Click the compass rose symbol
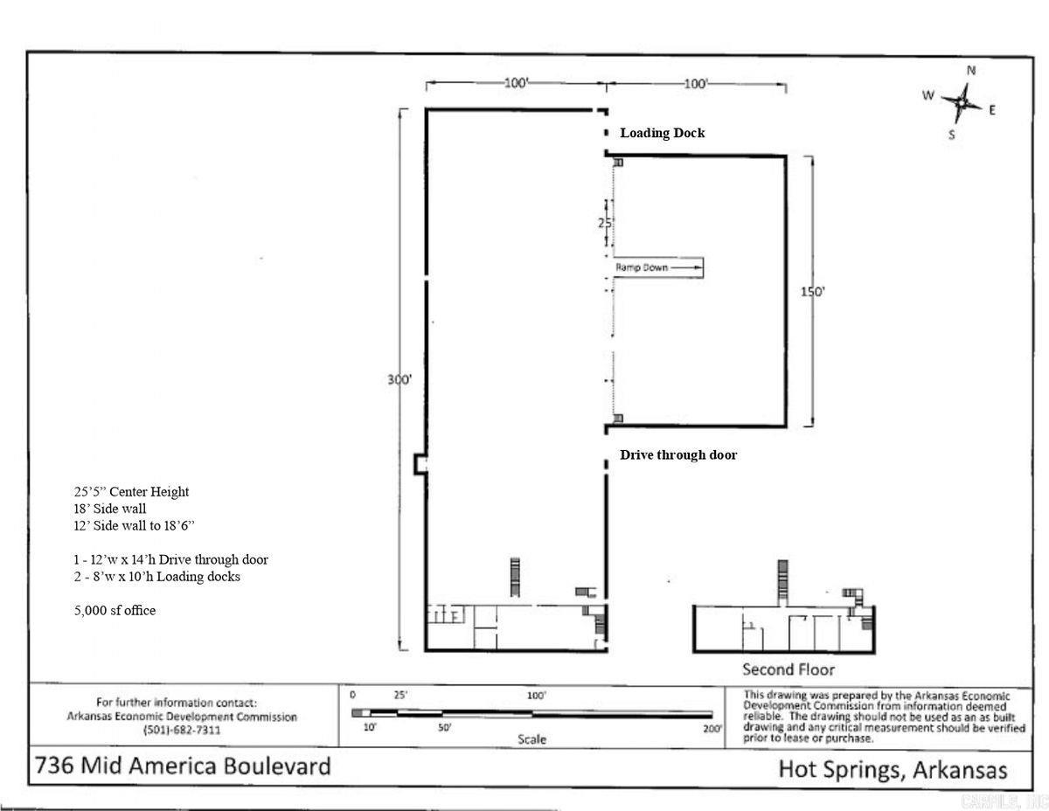click(x=961, y=102)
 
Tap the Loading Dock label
click(x=662, y=133)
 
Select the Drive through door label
click(x=677, y=454)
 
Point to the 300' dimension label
click(x=399, y=380)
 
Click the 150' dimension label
click(x=812, y=292)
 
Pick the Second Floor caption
click(x=788, y=669)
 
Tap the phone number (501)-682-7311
click(x=182, y=730)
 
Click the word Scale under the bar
click(x=531, y=739)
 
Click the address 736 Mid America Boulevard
click(x=183, y=766)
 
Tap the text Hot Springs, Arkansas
click(x=892, y=770)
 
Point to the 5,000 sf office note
click(x=115, y=610)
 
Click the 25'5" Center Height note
click(x=131, y=491)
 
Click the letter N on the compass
click(x=971, y=71)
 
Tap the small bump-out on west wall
click(x=420, y=464)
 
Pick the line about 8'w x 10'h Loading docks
click(x=156, y=577)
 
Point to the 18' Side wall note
click(x=109, y=509)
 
